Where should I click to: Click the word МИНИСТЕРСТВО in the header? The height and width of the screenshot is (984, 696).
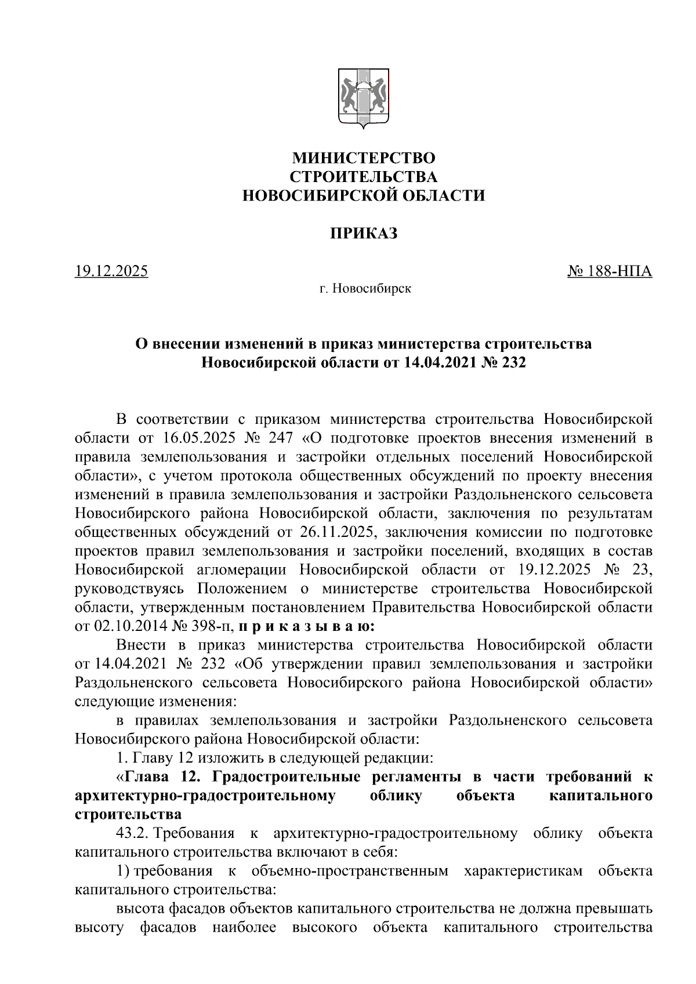363,158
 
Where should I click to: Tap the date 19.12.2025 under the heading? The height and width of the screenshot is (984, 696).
111,271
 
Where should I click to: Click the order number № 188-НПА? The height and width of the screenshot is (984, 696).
609,271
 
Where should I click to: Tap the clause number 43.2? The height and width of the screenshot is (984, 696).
133,834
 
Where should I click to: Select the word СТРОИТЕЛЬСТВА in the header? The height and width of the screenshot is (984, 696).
363,177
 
